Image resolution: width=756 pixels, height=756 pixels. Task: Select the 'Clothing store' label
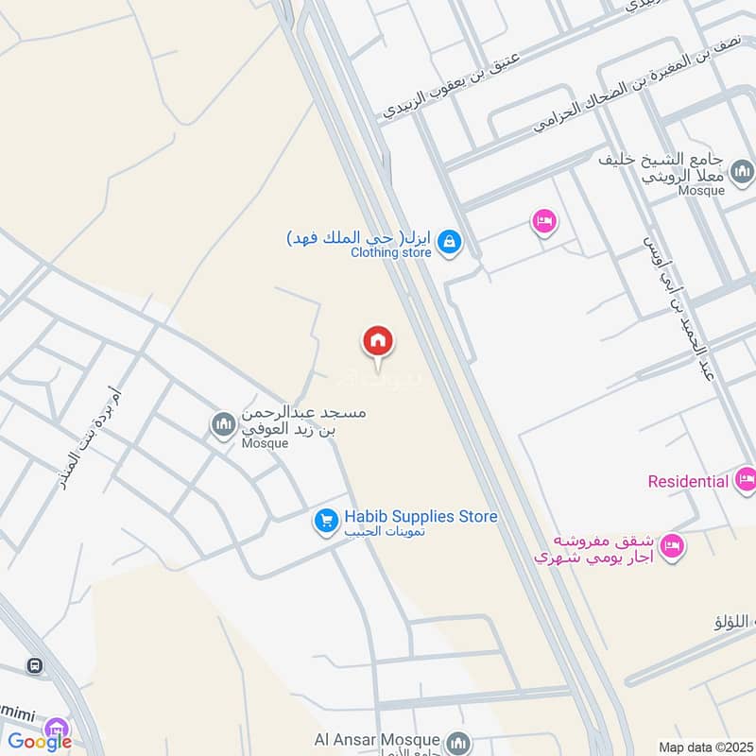390,252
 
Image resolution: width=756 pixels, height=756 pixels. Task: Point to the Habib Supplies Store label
421,517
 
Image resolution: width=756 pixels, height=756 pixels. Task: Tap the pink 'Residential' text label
688,481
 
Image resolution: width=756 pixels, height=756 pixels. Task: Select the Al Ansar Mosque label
378,739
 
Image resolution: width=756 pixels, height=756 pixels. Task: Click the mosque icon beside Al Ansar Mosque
458,740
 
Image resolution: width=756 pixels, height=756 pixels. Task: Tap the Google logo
40,742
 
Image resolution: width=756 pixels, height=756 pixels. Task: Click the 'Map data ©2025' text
704,747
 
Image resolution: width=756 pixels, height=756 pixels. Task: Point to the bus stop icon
35,665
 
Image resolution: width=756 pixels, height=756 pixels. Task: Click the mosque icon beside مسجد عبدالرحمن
224,424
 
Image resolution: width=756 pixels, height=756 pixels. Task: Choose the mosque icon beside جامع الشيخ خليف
743,171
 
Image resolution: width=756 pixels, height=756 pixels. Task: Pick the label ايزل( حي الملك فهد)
360,236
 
